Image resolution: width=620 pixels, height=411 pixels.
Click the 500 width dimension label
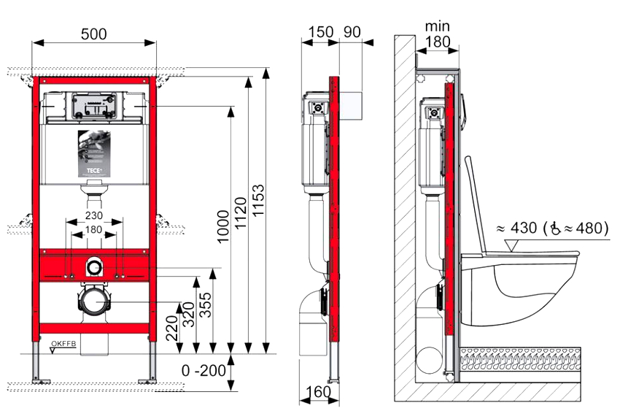pyautogui.click(x=93, y=34)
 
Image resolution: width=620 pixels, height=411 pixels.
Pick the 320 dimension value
pyautogui.click(x=189, y=315)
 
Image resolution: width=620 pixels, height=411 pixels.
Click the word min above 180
pyautogui.click(x=438, y=27)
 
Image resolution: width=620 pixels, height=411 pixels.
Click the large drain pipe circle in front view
pyautogui.click(x=93, y=301)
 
